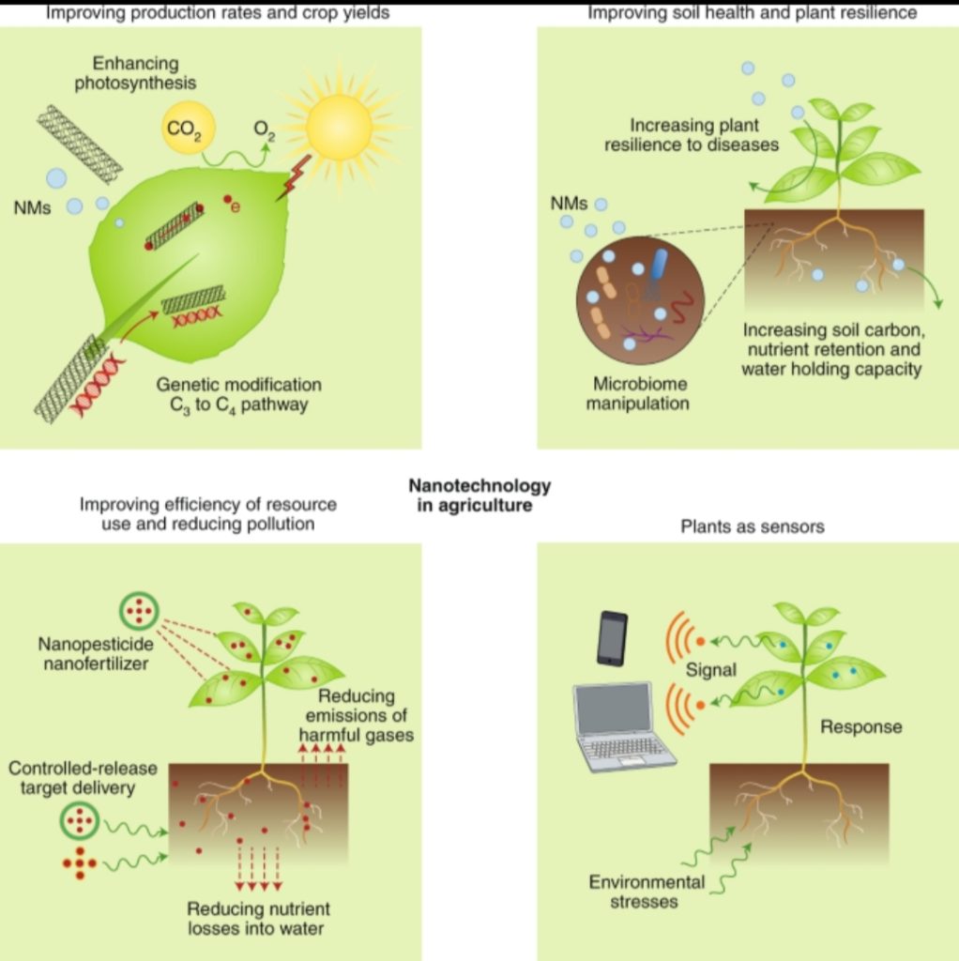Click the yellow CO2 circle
(x=188, y=127)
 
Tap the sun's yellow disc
(x=338, y=127)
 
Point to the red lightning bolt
(x=294, y=177)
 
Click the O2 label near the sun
(x=264, y=130)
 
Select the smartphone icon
(x=612, y=638)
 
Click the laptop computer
(x=623, y=726)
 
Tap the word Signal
(x=711, y=670)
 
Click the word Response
(x=861, y=727)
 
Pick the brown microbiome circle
(x=640, y=300)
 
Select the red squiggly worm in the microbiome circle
(x=681, y=307)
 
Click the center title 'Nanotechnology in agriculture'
(x=479, y=496)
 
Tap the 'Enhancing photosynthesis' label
(x=135, y=73)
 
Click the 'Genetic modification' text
(x=239, y=384)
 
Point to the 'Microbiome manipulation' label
(x=638, y=393)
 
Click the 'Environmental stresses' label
(x=646, y=892)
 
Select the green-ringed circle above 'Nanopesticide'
(x=139, y=611)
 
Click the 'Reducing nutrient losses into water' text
(x=257, y=918)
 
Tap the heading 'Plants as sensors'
(x=753, y=526)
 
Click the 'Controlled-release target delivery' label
(x=83, y=778)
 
